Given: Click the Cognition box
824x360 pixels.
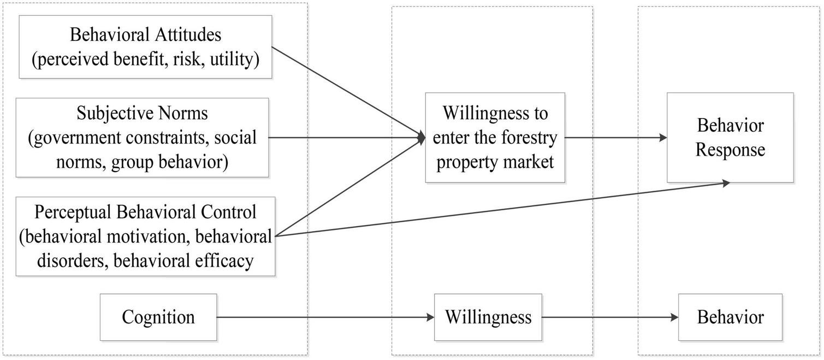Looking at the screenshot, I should tap(158, 317).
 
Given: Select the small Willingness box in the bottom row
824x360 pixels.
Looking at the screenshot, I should tap(488, 317).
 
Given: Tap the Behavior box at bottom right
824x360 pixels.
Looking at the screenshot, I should tap(730, 317).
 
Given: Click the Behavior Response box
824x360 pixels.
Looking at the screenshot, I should tap(730, 137).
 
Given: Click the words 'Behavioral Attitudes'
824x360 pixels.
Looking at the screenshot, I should tap(145, 35).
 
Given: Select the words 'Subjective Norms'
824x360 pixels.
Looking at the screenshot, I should tap(143, 114).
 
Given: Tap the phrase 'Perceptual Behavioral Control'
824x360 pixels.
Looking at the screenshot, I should tap(145, 212).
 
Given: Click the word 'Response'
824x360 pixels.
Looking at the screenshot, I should tap(730, 150).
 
